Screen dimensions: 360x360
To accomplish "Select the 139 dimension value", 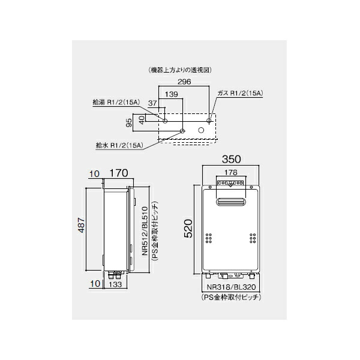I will pyautogui.click(x=170, y=95).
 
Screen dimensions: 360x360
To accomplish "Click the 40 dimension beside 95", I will pyautogui.click(x=142, y=119).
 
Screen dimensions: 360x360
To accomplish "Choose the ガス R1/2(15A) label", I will pyautogui.click(x=241, y=94).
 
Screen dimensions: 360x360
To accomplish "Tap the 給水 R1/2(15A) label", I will pyautogui.click(x=119, y=145).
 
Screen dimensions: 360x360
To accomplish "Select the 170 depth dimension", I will pyautogui.click(x=118, y=174).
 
